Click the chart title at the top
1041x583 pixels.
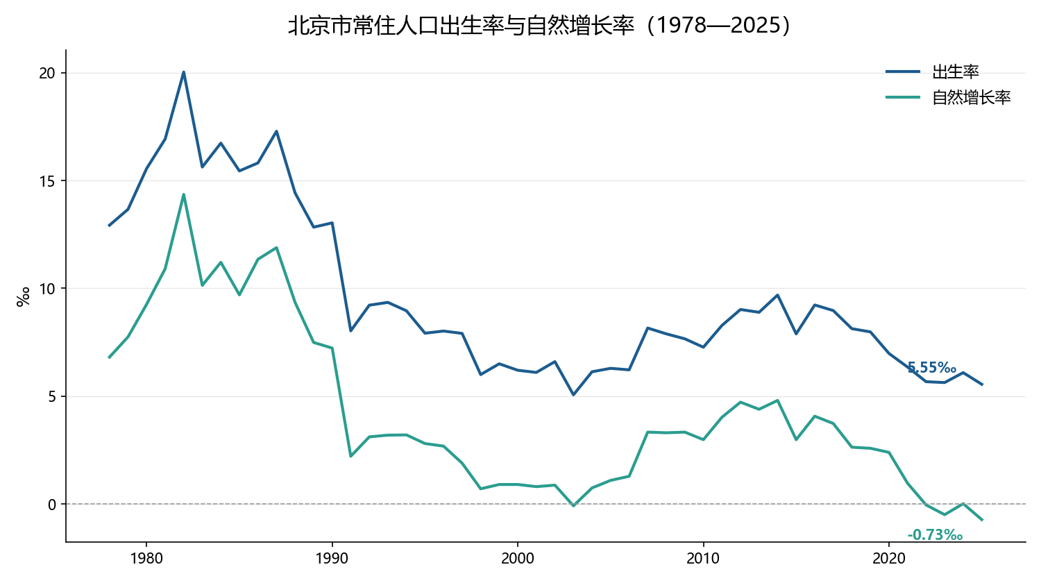click(539, 26)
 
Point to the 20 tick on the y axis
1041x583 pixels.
click(47, 74)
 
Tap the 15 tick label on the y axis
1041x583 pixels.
click(47, 181)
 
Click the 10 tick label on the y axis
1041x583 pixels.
click(47, 289)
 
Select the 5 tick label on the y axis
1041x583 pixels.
click(51, 396)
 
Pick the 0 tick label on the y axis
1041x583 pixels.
click(51, 505)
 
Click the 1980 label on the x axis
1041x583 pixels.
click(146, 558)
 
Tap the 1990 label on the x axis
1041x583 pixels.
click(332, 558)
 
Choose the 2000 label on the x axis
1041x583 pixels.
click(518, 558)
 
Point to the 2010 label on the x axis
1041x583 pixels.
click(703, 558)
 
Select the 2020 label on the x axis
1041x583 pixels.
click(888, 558)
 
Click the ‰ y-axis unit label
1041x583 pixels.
click(23, 296)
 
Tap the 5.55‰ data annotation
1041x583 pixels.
click(932, 368)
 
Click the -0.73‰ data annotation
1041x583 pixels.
click(935, 535)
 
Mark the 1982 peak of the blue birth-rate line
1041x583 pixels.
click(184, 72)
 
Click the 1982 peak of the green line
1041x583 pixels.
click(184, 194)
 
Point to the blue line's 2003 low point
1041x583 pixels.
click(573, 395)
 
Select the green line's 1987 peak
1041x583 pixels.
click(276, 247)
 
